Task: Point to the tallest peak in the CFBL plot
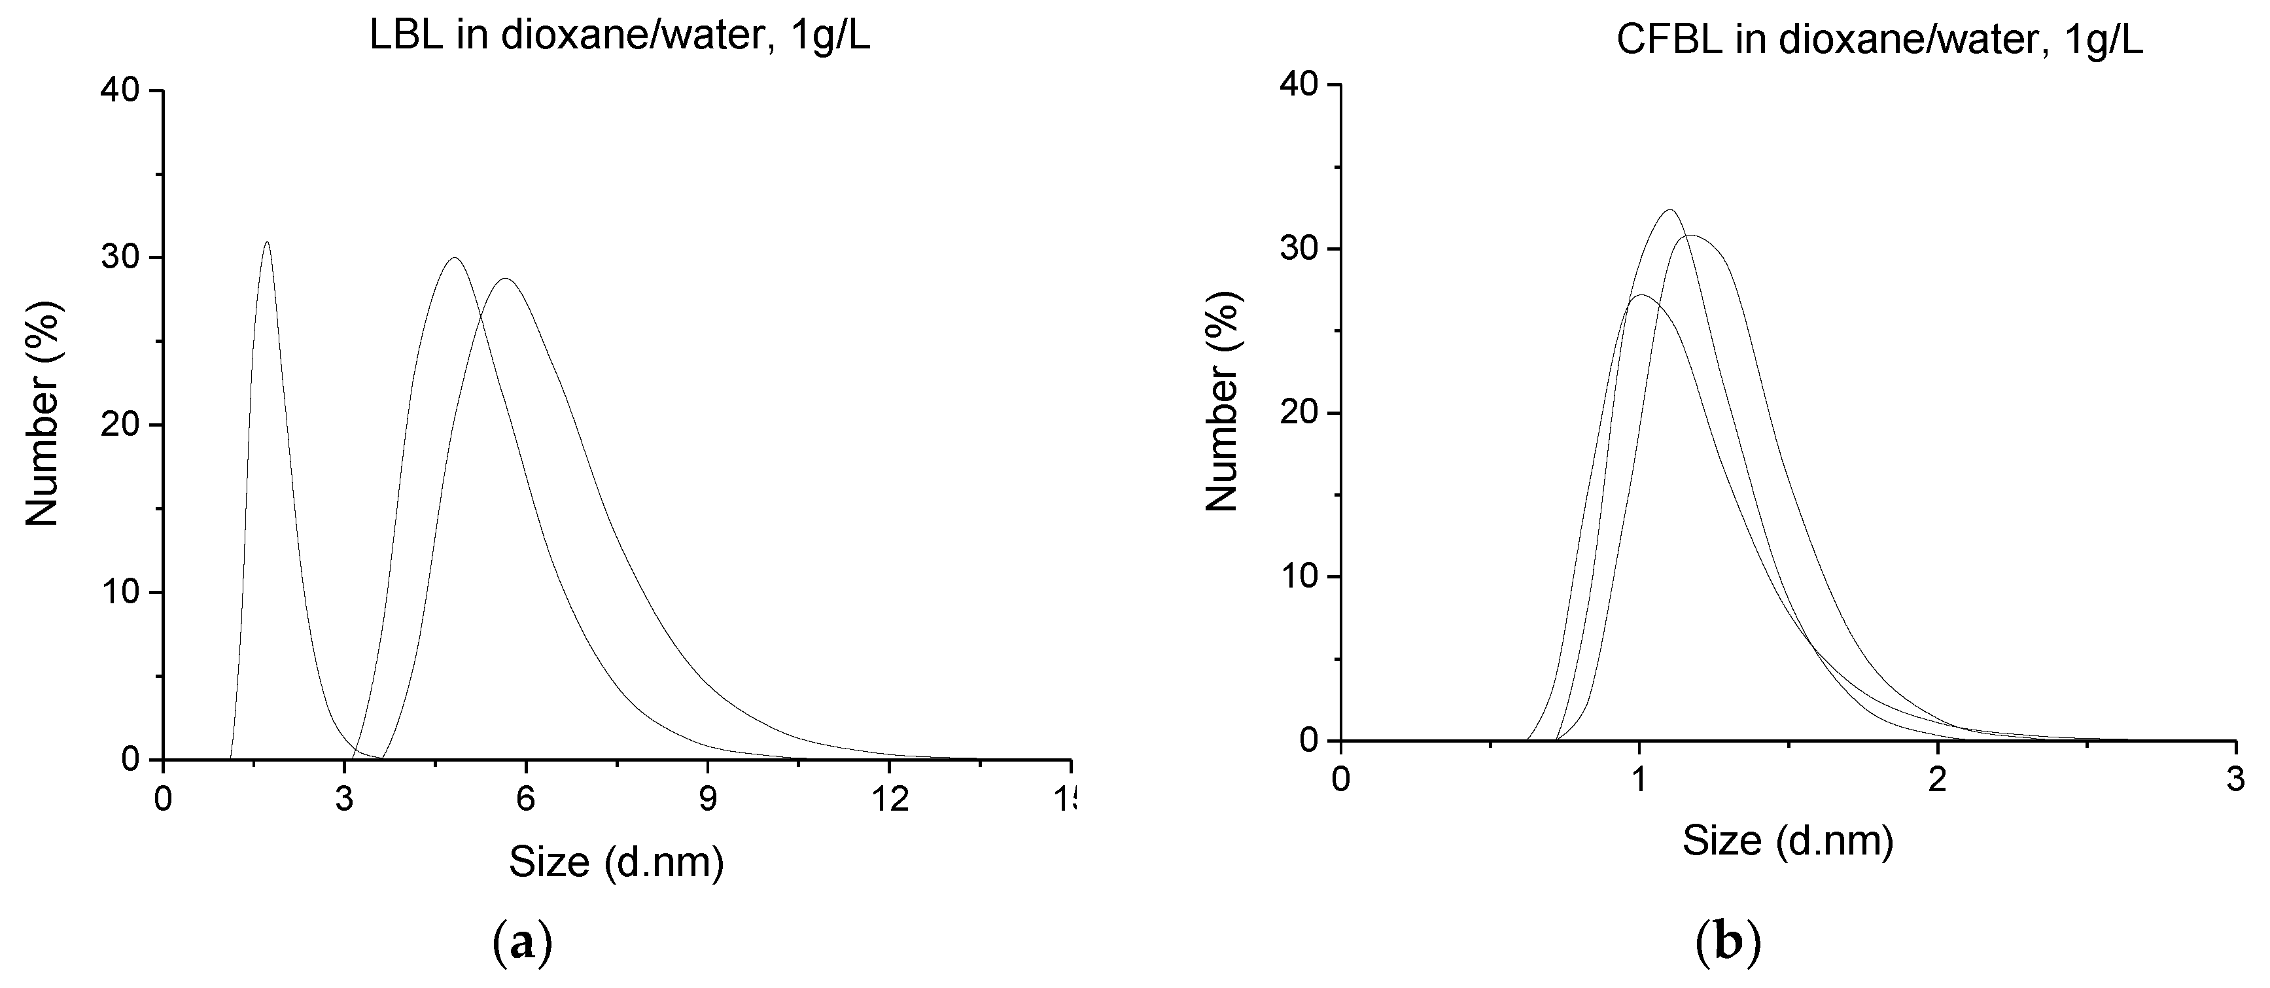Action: tap(1669, 211)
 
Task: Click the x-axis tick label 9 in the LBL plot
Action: tap(707, 800)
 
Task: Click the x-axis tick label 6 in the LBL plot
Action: tap(525, 800)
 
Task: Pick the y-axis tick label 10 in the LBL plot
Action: tap(120, 592)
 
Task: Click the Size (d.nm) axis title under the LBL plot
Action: tap(616, 861)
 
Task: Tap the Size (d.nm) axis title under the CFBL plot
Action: tap(1788, 841)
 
